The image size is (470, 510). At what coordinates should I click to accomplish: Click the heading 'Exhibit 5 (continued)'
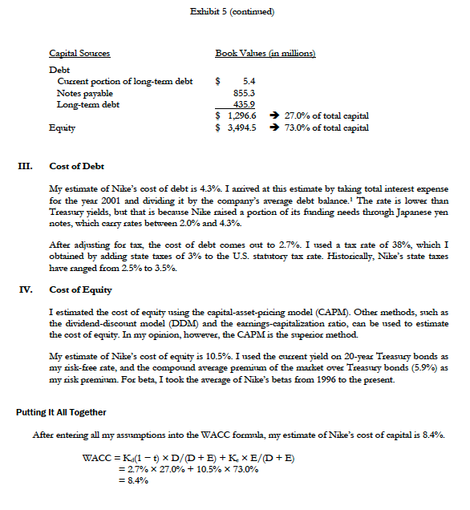click(235, 10)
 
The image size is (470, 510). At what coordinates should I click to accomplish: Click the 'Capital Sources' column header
click(79, 53)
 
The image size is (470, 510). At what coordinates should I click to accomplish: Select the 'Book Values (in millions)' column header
click(265, 53)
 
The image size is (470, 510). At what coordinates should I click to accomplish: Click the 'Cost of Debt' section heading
click(76, 167)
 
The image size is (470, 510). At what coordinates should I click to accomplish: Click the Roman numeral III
click(26, 167)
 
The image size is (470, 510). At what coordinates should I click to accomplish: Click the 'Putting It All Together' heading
click(61, 412)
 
